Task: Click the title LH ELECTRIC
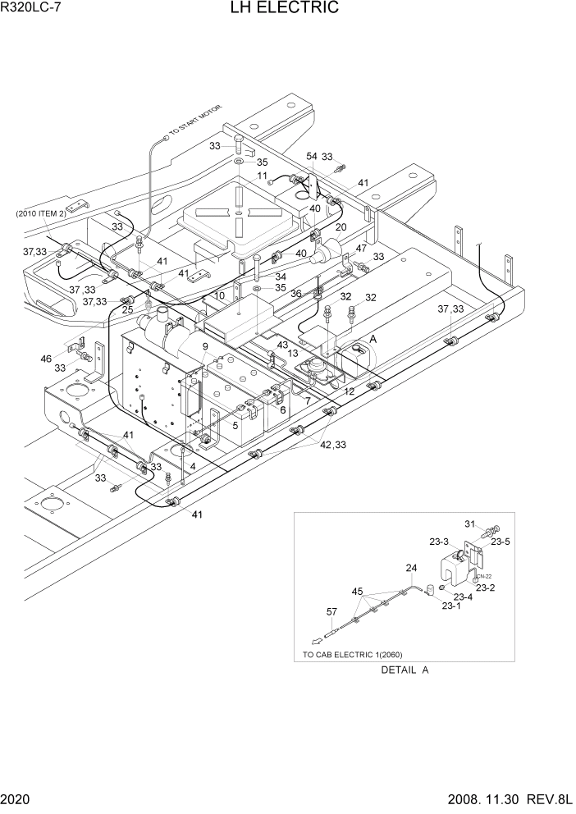coord(286,9)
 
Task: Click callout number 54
coord(312,156)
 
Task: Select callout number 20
coord(341,227)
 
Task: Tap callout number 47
coord(361,248)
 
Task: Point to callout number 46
coord(46,359)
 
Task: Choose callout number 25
coord(127,309)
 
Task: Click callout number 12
coord(349,392)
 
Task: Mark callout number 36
coord(295,293)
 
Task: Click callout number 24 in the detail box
coord(410,567)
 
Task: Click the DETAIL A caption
coord(405,670)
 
